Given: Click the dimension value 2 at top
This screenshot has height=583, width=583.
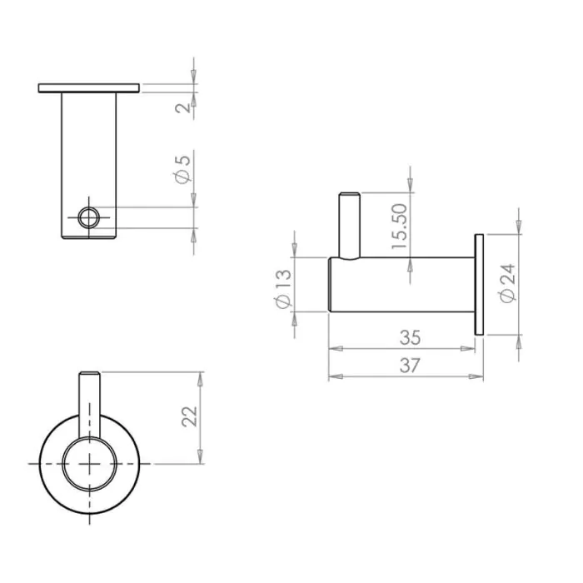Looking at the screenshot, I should (186, 106).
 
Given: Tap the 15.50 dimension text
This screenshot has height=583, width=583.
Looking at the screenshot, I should (400, 227).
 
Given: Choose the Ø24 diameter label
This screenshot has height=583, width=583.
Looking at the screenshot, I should (507, 283).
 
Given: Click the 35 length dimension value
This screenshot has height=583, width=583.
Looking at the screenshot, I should (409, 338).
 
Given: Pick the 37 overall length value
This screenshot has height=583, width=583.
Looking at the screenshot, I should (409, 365).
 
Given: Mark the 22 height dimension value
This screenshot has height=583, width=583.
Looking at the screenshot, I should (190, 416).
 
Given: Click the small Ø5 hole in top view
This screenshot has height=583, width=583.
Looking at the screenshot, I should (87, 218).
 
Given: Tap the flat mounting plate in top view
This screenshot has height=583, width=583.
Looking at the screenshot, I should (88, 87).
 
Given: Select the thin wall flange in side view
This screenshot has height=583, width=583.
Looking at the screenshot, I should (479, 285).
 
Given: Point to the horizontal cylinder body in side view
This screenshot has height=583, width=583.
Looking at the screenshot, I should (400, 285).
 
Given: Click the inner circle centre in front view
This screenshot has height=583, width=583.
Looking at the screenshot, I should (90, 462).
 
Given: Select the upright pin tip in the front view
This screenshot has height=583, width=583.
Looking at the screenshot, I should (90, 376).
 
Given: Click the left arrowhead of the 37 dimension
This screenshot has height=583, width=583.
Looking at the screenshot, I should (333, 377).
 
